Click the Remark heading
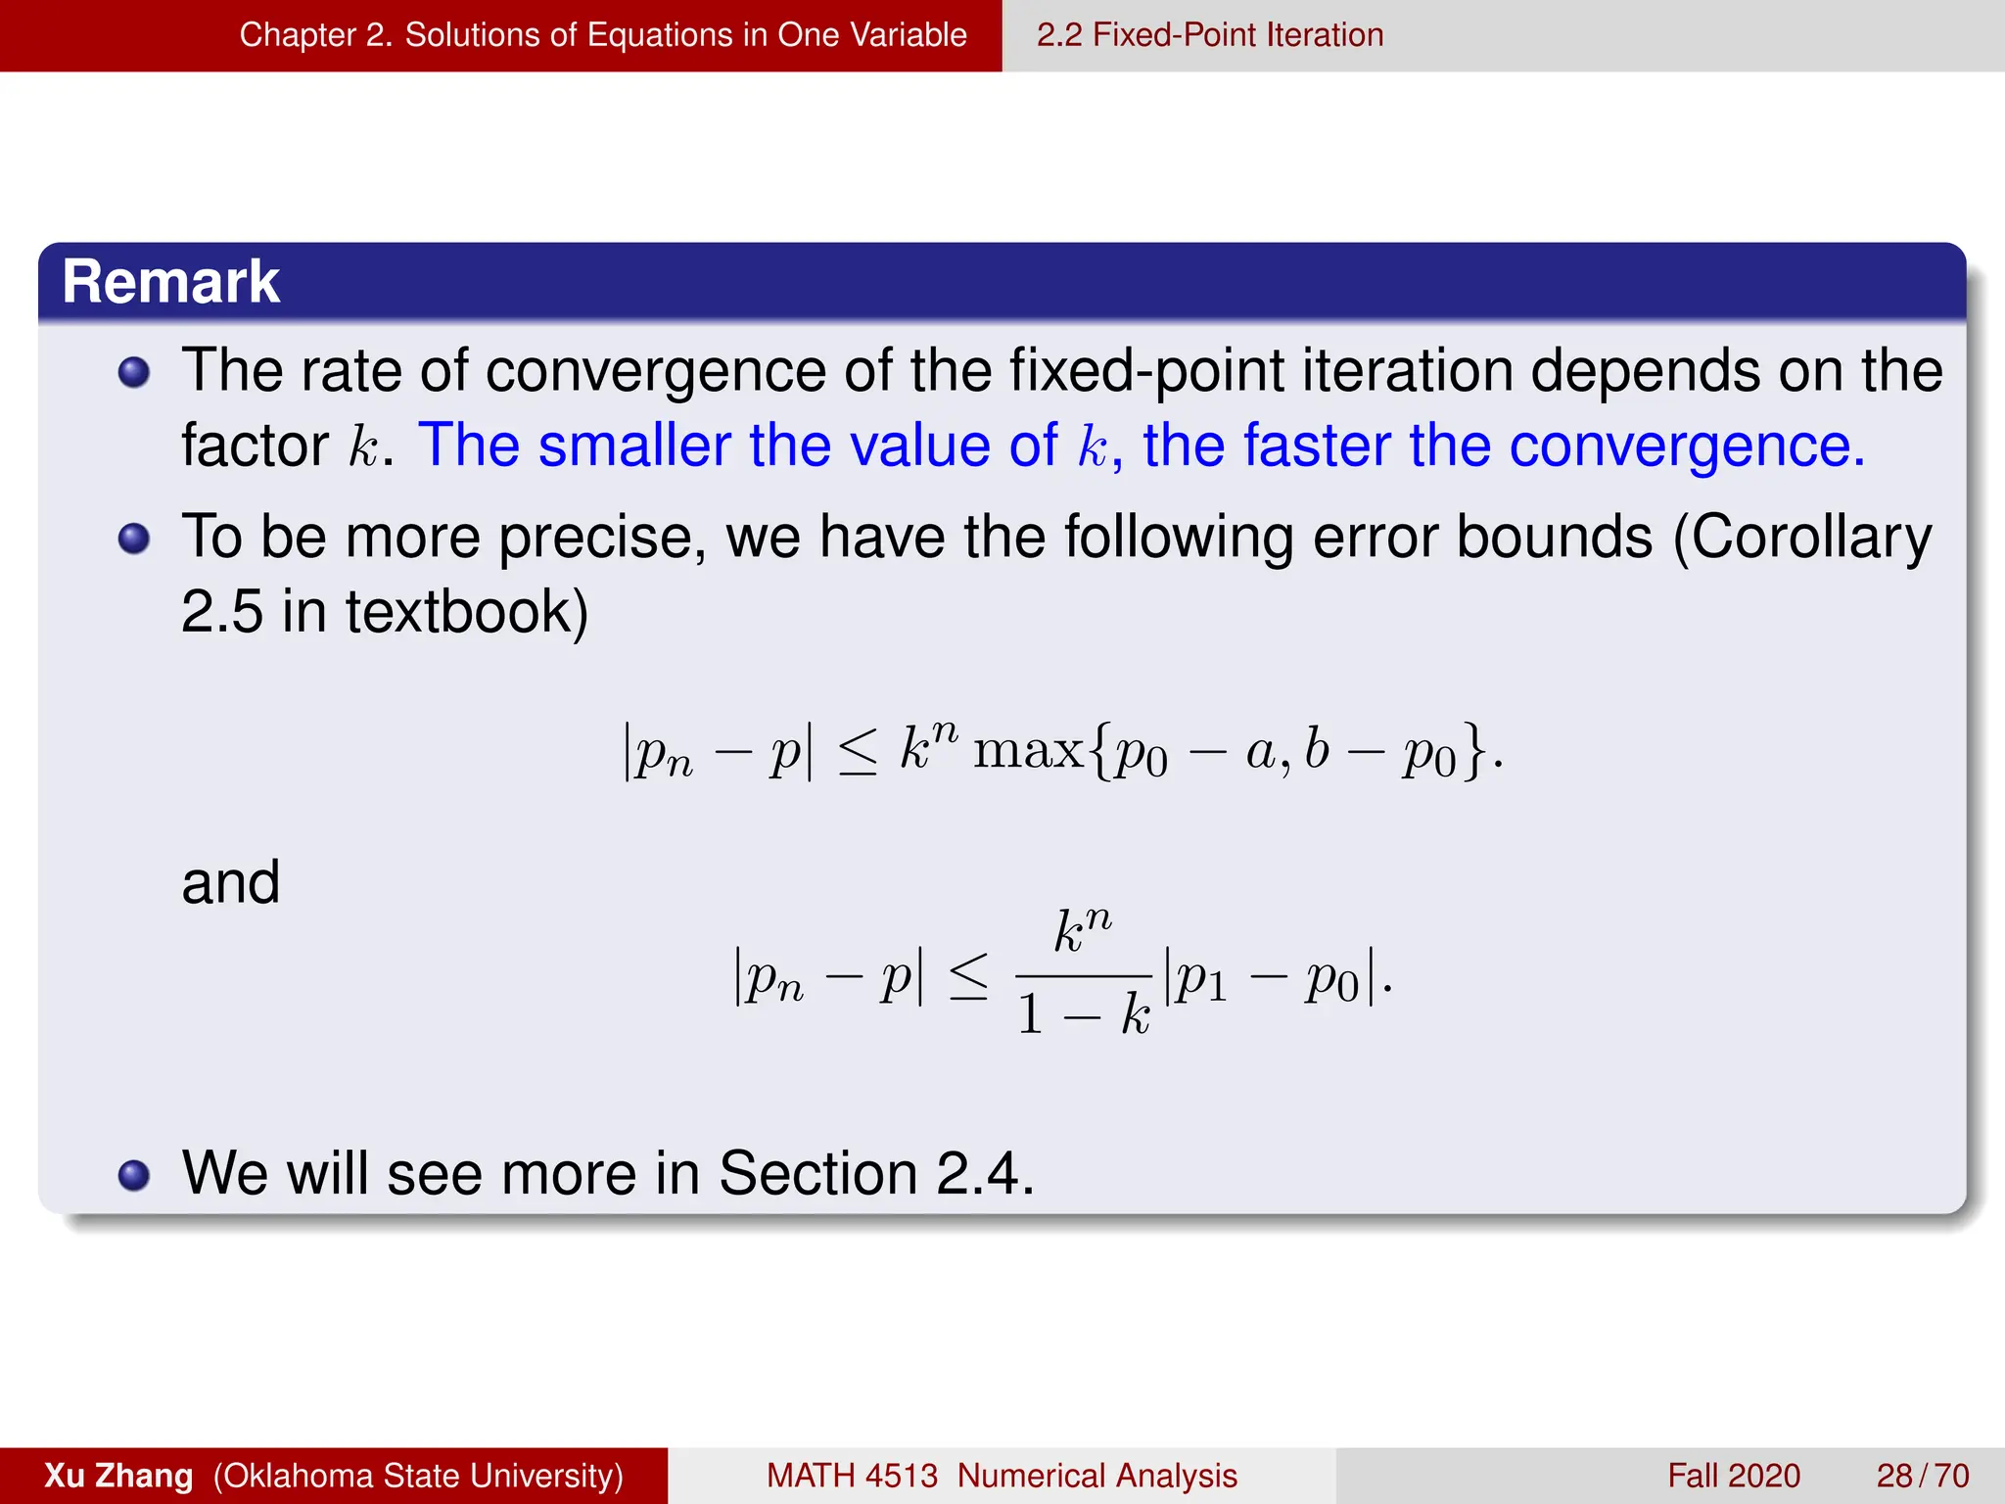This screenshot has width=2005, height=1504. pyautogui.click(x=170, y=282)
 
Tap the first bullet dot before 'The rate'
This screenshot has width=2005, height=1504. pyautogui.click(x=134, y=373)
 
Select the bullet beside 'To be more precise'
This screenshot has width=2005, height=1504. pyautogui.click(x=134, y=540)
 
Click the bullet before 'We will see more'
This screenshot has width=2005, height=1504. pyautogui.click(x=134, y=1175)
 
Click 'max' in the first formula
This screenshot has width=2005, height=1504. pyautogui.click(x=1028, y=752)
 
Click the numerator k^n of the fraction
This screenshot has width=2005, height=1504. pyautogui.click(x=1083, y=930)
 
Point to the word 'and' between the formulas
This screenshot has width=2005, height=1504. pyautogui.click(x=231, y=882)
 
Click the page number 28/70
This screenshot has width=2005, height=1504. pyautogui.click(x=1923, y=1476)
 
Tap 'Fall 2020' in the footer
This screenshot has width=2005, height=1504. pyautogui.click(x=1734, y=1476)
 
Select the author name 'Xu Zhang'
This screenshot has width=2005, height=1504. pyautogui.click(x=118, y=1476)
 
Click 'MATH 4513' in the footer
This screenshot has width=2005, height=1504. pyautogui.click(x=852, y=1476)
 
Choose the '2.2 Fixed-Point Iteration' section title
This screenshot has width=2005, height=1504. pyautogui.click(x=1210, y=35)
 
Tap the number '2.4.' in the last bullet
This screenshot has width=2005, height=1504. pyautogui.click(x=985, y=1173)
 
